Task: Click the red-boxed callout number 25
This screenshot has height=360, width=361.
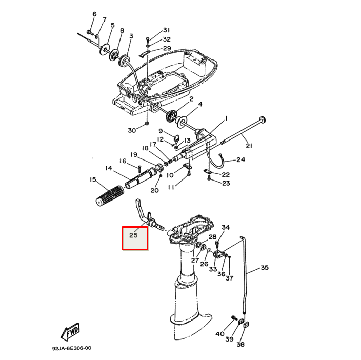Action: point(134,236)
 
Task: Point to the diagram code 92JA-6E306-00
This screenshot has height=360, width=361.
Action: point(71,348)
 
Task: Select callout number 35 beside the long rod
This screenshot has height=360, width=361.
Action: point(264,268)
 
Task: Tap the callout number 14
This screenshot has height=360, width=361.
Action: point(109,168)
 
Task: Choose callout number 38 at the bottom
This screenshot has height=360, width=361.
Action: point(240,345)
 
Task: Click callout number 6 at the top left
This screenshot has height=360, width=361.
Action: point(94,14)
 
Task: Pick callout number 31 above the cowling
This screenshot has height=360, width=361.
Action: point(166,30)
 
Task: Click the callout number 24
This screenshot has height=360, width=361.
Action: point(240,160)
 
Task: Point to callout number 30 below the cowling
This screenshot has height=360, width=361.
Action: point(132,130)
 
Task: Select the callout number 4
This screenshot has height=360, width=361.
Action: point(200,104)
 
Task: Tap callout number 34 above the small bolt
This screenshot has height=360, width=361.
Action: point(226,228)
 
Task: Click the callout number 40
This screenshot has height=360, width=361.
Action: point(219,334)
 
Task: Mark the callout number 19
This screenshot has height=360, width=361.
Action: point(133,154)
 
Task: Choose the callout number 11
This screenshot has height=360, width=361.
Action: point(171,187)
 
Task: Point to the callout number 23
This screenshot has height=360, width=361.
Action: point(226,183)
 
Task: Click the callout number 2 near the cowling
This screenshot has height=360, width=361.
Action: point(191,98)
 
